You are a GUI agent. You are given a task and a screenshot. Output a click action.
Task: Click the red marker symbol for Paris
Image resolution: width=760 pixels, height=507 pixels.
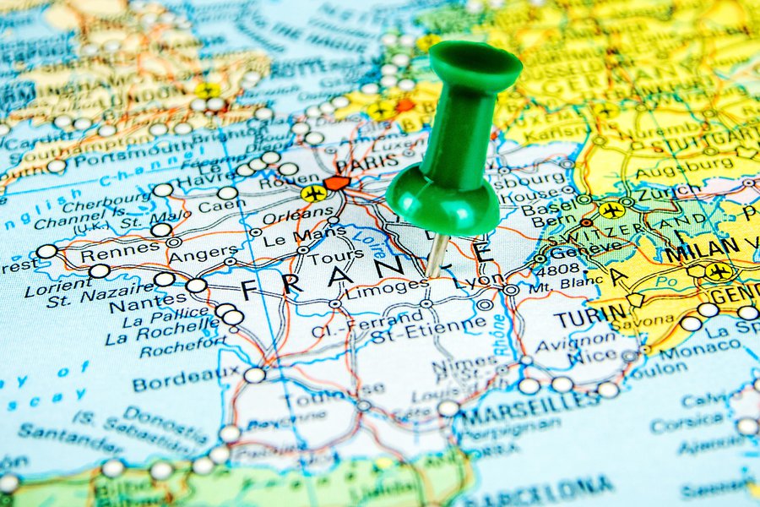coord(337,183)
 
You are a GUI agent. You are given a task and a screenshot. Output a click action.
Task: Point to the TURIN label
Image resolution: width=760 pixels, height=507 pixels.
coord(584,319)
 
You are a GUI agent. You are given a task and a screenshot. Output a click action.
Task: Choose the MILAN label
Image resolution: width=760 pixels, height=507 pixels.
coord(700,249)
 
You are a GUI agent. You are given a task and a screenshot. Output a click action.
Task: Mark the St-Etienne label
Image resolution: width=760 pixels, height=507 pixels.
coord(428,325)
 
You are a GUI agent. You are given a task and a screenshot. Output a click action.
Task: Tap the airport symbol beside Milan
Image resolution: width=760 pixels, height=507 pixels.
coord(719,271)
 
